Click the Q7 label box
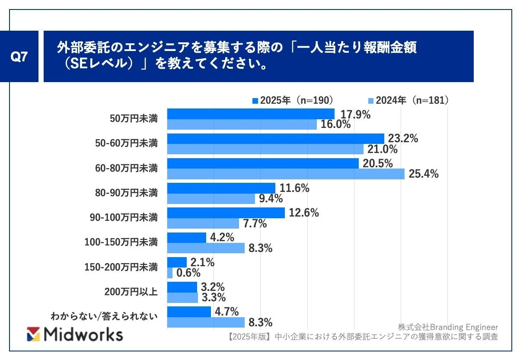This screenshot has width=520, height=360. click(x=19, y=57)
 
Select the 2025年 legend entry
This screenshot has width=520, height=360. click(x=293, y=100)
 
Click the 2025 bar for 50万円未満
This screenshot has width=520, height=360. click(x=251, y=114)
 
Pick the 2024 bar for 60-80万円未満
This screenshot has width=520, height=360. click(x=285, y=174)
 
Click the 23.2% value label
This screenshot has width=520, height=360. click(x=403, y=139)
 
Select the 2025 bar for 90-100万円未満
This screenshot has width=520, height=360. click(x=226, y=213)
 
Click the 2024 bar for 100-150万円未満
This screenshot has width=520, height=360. click(x=206, y=248)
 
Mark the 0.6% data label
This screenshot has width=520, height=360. click(x=188, y=273)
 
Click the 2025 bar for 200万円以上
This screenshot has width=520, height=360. click(x=182, y=287)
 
